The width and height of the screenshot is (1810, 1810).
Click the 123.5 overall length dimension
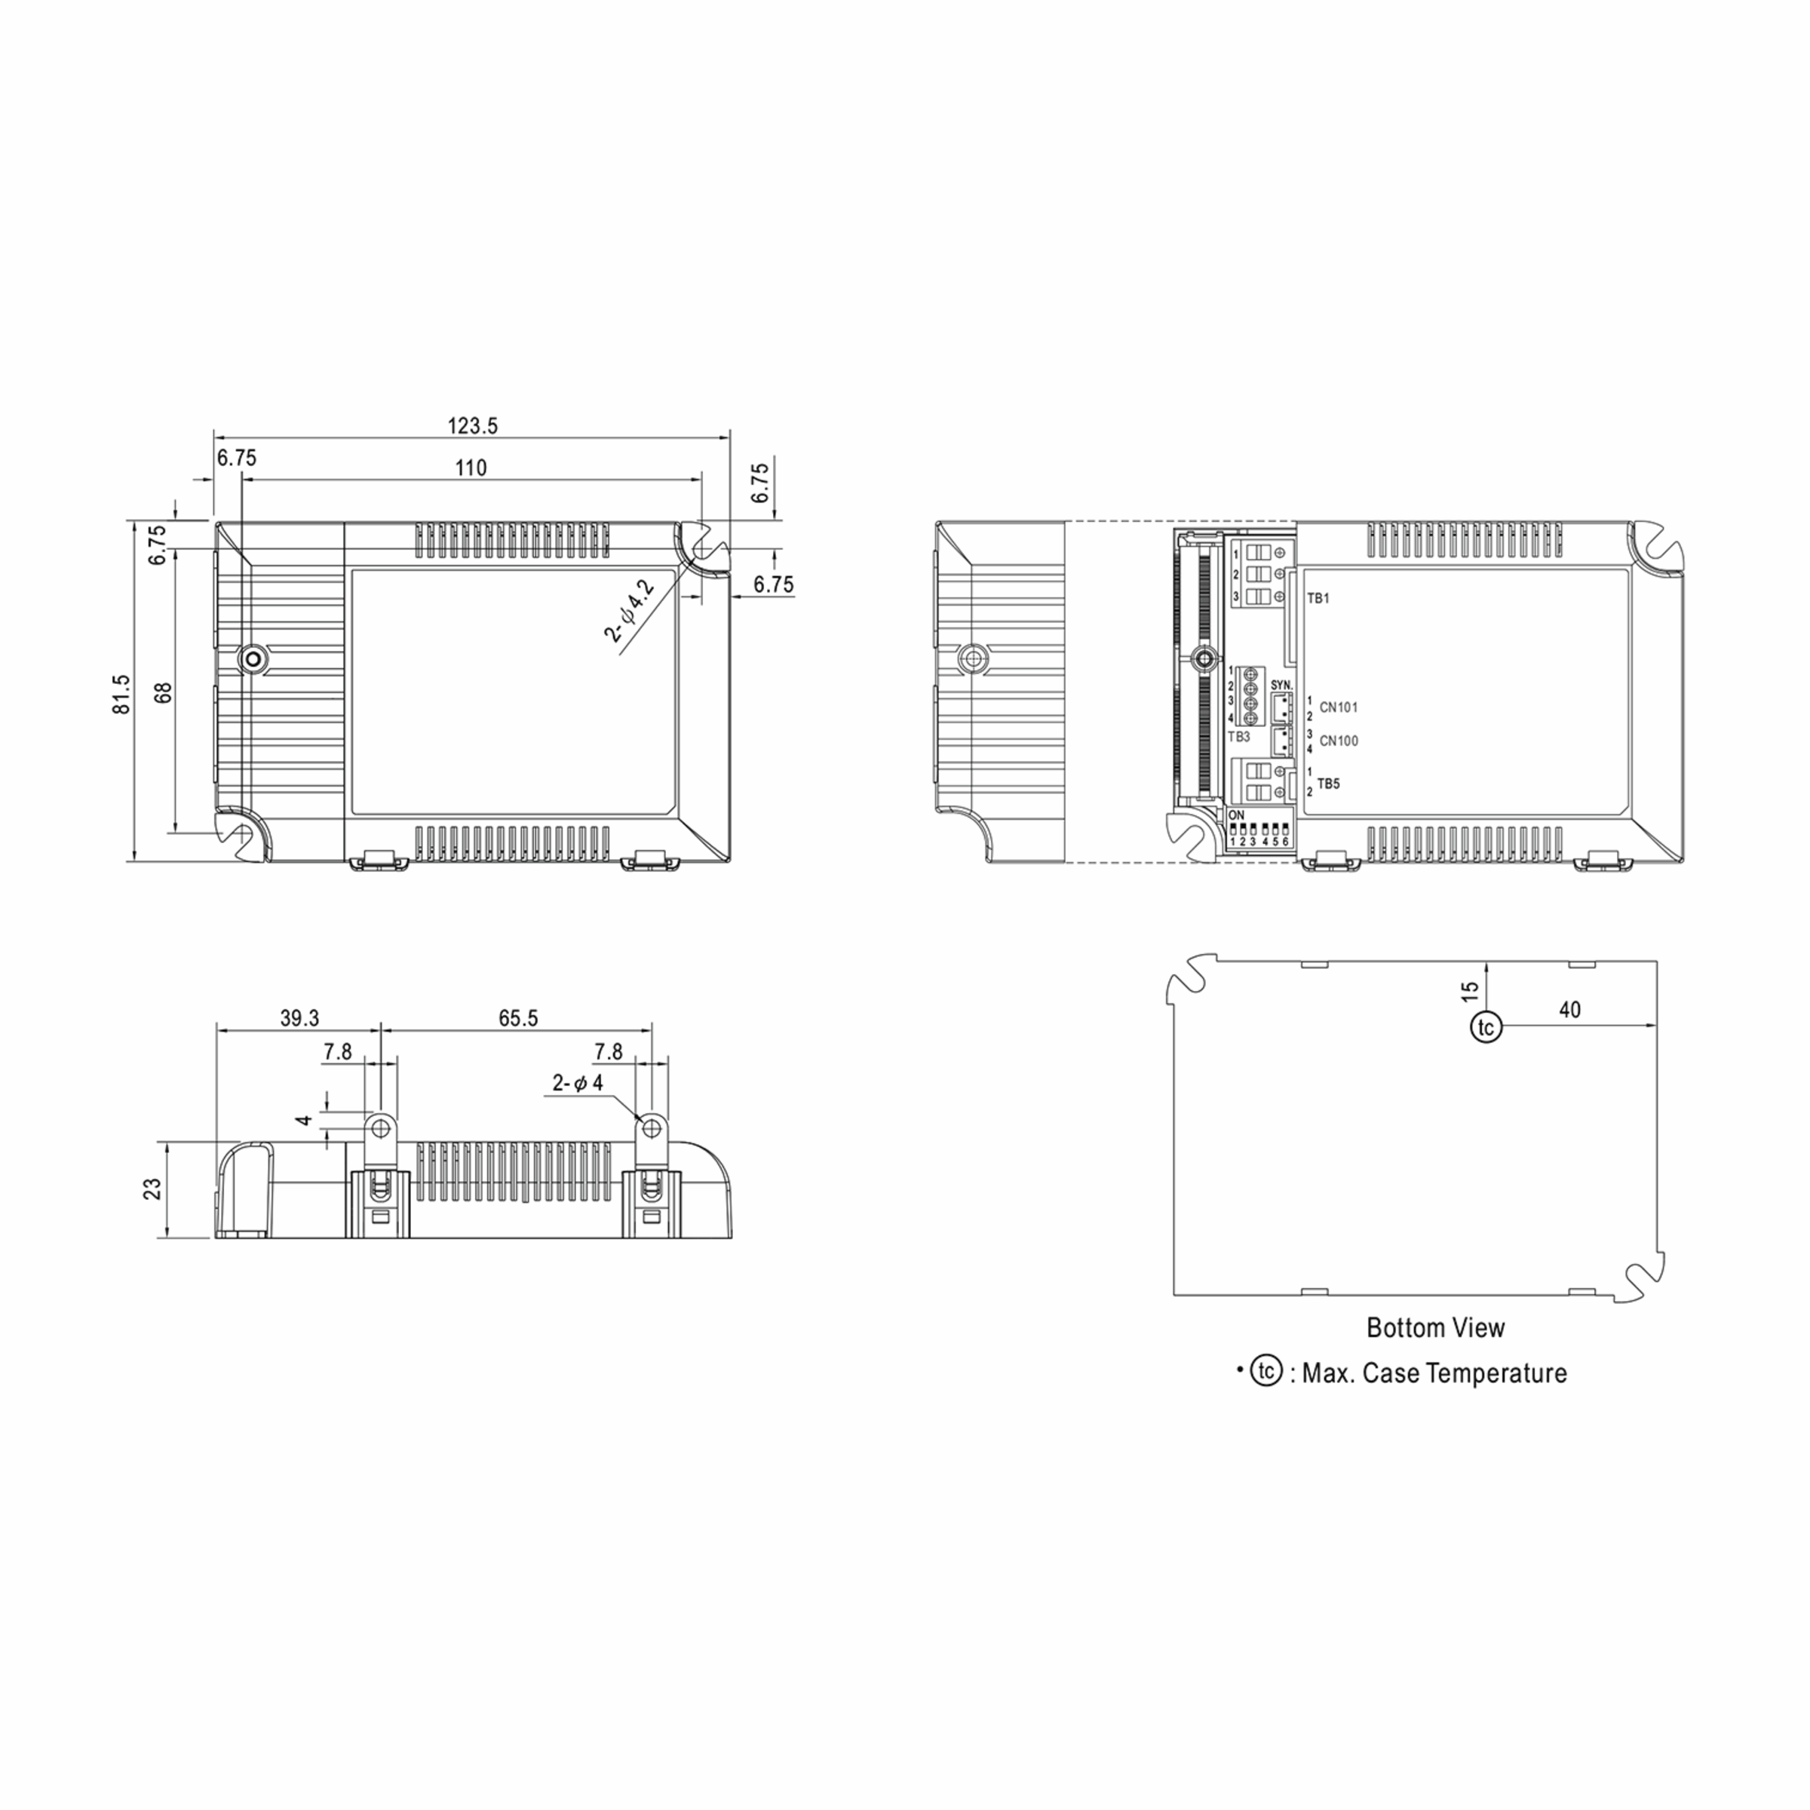pos(472,426)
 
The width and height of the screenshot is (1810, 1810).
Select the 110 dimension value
pos(471,468)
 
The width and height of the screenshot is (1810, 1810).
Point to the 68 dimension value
pos(164,693)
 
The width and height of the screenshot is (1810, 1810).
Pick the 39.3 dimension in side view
pos(300,1018)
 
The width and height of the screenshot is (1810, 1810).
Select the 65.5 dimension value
pos(518,1018)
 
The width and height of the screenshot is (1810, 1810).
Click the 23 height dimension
pos(152,1189)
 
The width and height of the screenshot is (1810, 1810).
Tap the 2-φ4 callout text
pos(577,1084)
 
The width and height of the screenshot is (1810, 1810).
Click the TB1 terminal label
pos(1318,599)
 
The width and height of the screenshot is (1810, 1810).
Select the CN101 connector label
pos(1338,707)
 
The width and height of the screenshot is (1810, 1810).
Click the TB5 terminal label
pos(1328,784)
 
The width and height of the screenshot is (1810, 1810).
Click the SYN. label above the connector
pos(1281,686)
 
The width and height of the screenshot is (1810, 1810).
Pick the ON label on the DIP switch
pos(1237,816)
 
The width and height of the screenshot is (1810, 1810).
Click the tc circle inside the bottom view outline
pos(1486,1026)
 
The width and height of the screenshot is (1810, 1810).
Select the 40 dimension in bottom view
pos(1569,1010)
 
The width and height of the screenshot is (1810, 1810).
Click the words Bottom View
pos(1435,1327)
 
